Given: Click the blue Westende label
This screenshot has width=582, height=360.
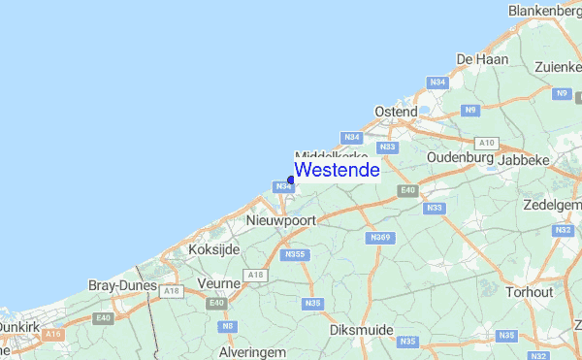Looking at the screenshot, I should pyautogui.click(x=337, y=170).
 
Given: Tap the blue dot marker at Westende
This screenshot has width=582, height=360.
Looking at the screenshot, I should pyautogui.click(x=291, y=180).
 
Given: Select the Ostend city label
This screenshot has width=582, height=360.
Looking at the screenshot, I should pyautogui.click(x=396, y=112).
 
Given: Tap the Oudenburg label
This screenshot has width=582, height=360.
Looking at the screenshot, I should pyautogui.click(x=461, y=157).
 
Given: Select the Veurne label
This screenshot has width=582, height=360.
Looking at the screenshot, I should pyautogui.click(x=218, y=282).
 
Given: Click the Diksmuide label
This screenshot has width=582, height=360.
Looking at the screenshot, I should pyautogui.click(x=361, y=330).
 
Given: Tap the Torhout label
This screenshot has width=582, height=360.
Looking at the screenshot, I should pyautogui.click(x=529, y=291).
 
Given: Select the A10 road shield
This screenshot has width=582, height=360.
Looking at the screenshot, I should pyautogui.click(x=487, y=142).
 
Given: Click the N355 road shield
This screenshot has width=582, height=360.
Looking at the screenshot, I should pyautogui.click(x=295, y=255).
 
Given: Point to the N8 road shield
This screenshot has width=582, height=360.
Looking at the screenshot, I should pyautogui.click(x=228, y=326).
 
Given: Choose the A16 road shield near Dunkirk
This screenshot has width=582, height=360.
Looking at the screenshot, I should pyautogui.click(x=53, y=334).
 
